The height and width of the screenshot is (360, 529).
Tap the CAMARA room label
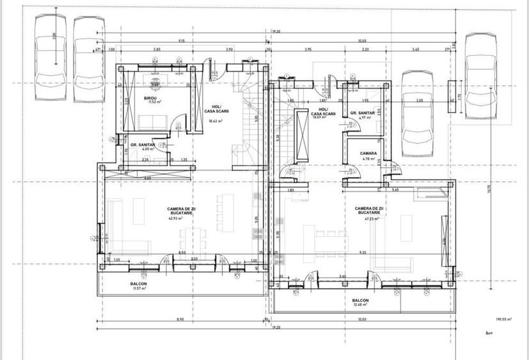(x=368, y=153)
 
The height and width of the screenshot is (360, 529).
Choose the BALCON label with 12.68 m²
(x=360, y=301)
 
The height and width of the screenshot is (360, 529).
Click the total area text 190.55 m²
(x=506, y=318)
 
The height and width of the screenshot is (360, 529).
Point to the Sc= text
(x=489, y=333)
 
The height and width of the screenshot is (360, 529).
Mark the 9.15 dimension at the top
(x=182, y=40)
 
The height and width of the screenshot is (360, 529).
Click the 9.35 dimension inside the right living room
(x=363, y=253)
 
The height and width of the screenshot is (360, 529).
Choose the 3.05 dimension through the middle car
(x=419, y=100)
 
